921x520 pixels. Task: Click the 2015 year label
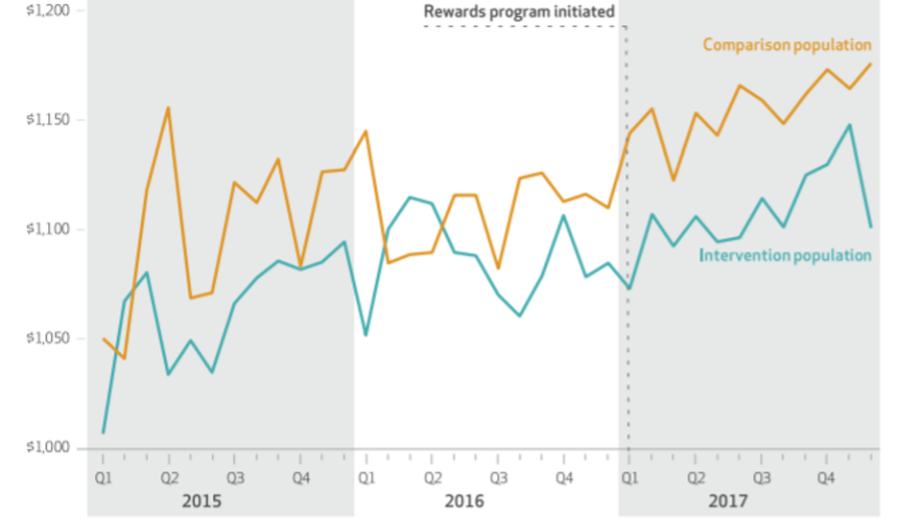pos(202,501)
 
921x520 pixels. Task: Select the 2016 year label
pos(464,501)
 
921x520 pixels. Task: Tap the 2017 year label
pos(728,501)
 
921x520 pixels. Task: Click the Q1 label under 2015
pos(103,476)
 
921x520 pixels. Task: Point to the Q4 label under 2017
pos(826,476)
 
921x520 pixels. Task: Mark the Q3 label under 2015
pos(234,476)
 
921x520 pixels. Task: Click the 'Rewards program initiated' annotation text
pos(519,12)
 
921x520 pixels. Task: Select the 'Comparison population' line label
pos(787,45)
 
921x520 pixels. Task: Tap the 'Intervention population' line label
pos(785,255)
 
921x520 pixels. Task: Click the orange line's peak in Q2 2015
pos(169,107)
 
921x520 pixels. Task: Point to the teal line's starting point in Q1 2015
pos(103,433)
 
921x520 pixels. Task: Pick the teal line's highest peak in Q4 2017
pos(849,125)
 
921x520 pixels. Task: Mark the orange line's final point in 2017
pos(871,64)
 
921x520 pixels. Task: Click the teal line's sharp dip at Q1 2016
pos(366,335)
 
